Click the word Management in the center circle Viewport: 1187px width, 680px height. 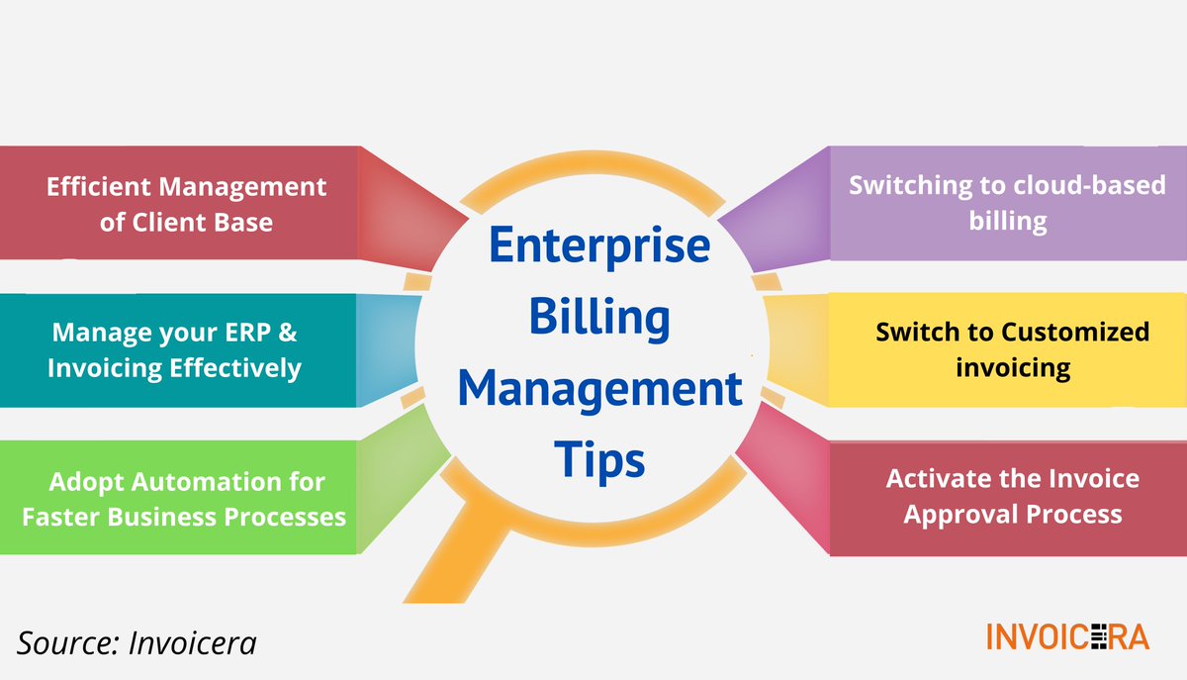click(x=600, y=389)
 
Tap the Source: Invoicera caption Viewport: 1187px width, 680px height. click(x=137, y=642)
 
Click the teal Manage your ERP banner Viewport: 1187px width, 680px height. click(x=178, y=350)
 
